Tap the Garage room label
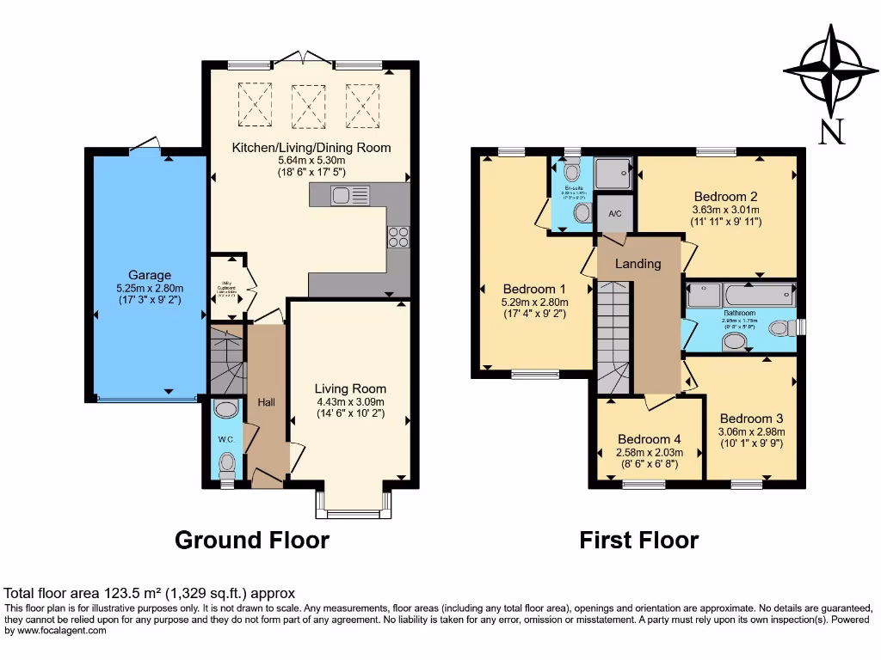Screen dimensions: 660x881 pos(150,276)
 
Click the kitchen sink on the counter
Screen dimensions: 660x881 pos(349,196)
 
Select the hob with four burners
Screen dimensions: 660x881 pos(398,236)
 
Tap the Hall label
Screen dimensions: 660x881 pos(266,401)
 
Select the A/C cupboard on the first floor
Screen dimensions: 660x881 pos(615,213)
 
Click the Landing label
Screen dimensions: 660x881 pos(638,263)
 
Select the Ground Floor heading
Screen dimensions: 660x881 pos(251,540)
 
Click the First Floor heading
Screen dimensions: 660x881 pos(638,540)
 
